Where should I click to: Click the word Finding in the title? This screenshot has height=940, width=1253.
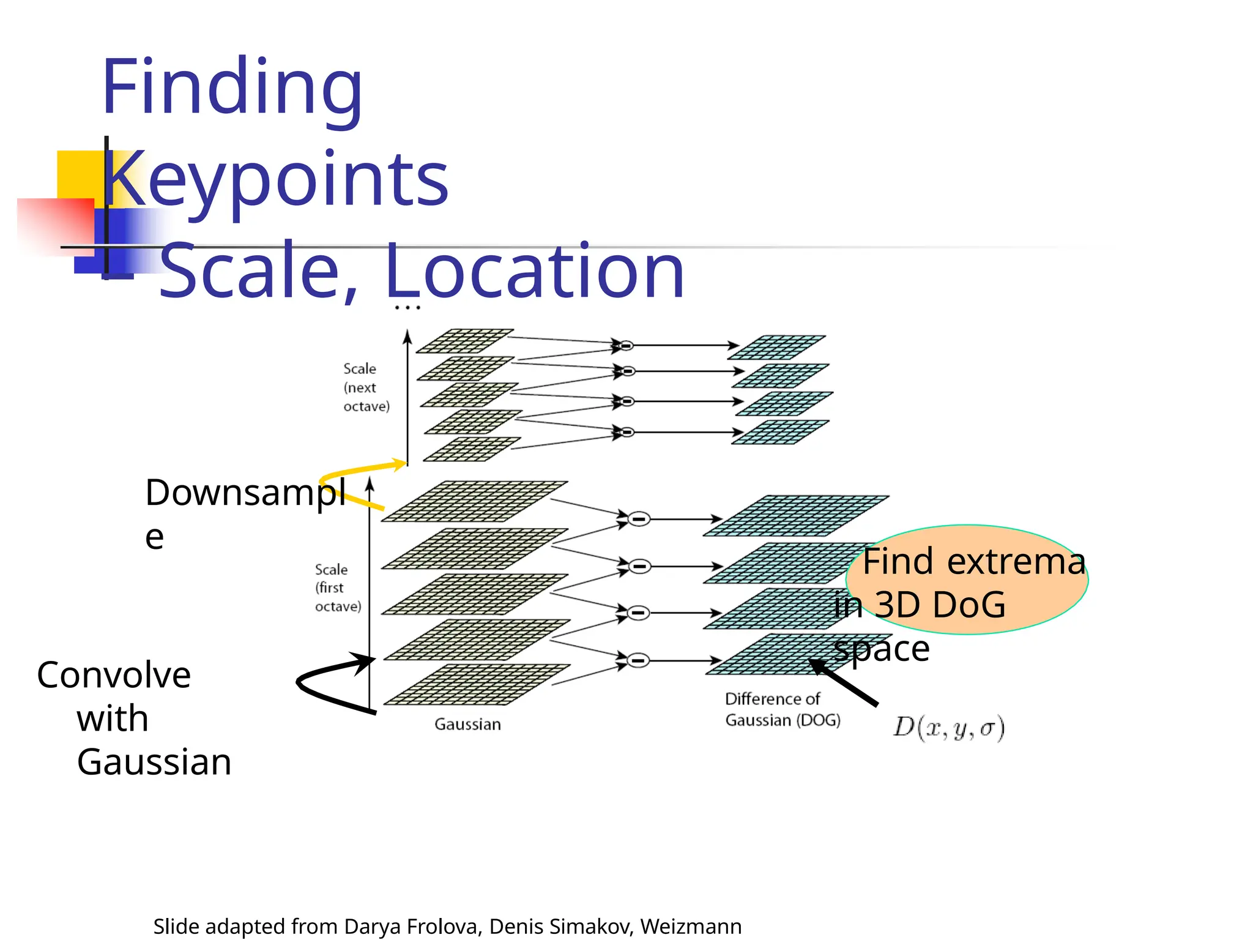[232, 89]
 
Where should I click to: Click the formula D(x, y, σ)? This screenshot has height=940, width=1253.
[948, 728]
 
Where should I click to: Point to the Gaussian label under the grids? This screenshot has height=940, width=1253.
[467, 725]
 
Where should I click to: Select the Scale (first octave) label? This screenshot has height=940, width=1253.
[338, 587]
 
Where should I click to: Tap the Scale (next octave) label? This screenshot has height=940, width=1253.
[366, 387]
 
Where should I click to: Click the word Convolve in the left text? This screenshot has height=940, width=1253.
[114, 676]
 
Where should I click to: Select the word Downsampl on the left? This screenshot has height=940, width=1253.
[245, 493]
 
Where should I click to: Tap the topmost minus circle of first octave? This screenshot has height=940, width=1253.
[639, 519]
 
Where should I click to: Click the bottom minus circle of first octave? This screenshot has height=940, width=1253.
[638, 660]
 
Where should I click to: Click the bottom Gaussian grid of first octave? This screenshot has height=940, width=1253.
[476, 684]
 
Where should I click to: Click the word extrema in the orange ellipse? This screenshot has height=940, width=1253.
[1016, 562]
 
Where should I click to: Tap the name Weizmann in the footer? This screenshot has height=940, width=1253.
[691, 927]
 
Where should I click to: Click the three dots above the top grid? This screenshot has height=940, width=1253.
[407, 307]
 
